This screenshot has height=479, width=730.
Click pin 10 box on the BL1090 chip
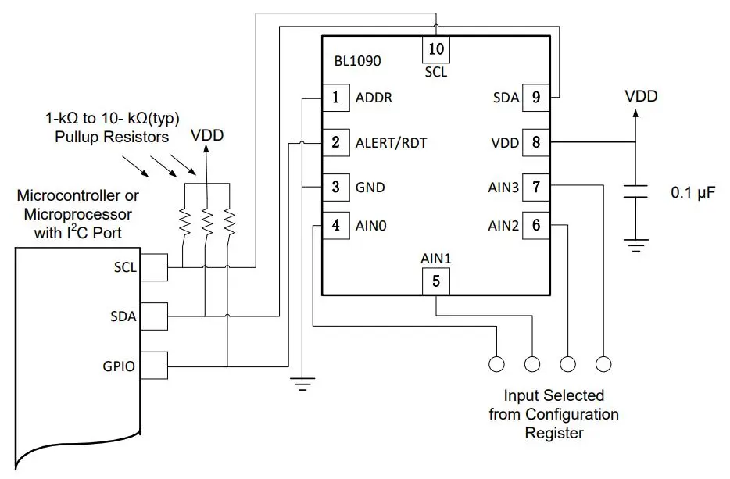436,49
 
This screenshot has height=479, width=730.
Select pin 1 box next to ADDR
336,98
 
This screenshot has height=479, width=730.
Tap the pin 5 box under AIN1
436,281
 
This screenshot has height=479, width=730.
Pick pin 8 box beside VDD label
535,143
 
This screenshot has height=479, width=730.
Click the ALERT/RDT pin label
391,143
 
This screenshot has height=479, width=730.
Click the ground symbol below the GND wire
302,383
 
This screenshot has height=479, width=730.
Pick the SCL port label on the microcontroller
124,267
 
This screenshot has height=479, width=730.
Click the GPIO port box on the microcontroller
156,365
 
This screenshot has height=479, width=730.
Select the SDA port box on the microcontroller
156,316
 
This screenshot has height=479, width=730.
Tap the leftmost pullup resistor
185,223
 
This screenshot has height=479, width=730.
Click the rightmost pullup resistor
229,223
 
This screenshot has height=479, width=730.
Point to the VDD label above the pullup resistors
207,135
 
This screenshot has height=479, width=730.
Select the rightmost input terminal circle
603,364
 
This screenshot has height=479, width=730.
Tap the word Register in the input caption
553,432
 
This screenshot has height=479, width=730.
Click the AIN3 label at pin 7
503,188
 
